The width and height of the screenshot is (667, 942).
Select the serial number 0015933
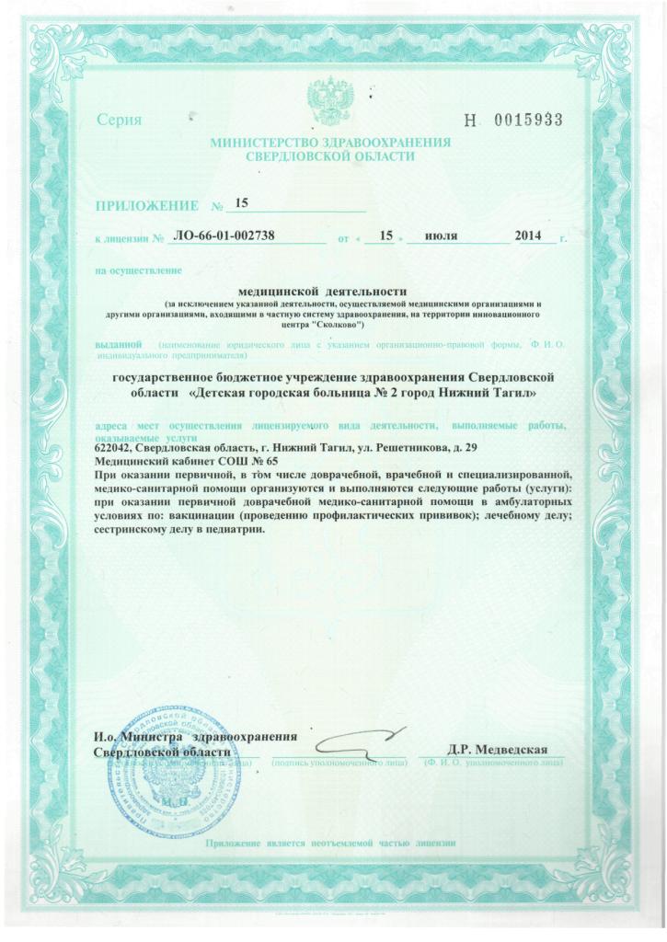pyautogui.click(x=528, y=121)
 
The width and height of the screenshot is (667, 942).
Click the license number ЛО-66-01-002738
pyautogui.click(x=224, y=237)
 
